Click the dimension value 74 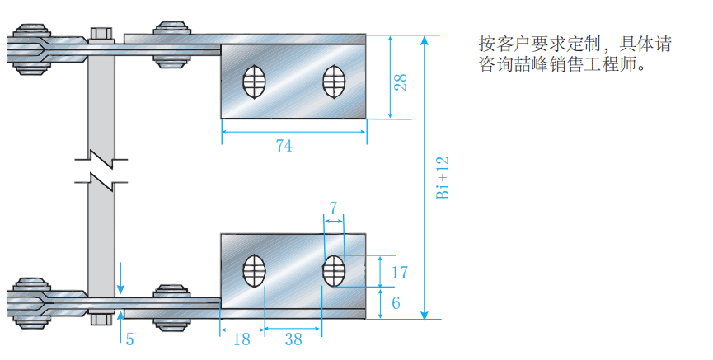coord(284,146)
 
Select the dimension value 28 coord(401,82)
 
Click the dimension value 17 coord(400,273)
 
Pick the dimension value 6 coord(396,302)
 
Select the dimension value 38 coord(293,339)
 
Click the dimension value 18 coord(242,339)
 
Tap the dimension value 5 coord(129,338)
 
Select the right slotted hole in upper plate coord(334,79)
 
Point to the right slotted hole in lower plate coord(334,271)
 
